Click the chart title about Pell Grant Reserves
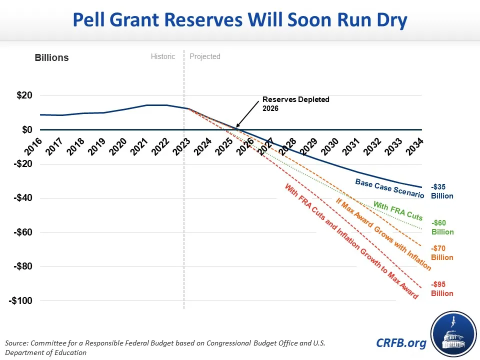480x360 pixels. tap(240, 20)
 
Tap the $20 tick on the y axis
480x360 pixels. tap(21, 95)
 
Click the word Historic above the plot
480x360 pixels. tap(163, 56)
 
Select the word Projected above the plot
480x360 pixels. tap(205, 56)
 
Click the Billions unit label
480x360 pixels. tap(51, 57)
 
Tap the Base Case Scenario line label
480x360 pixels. tap(389, 188)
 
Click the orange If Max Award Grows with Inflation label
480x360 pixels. tap(383, 234)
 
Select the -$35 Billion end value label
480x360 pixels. tap(442, 191)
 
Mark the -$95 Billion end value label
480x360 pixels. tap(442, 289)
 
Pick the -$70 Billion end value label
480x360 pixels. tap(442, 253)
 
